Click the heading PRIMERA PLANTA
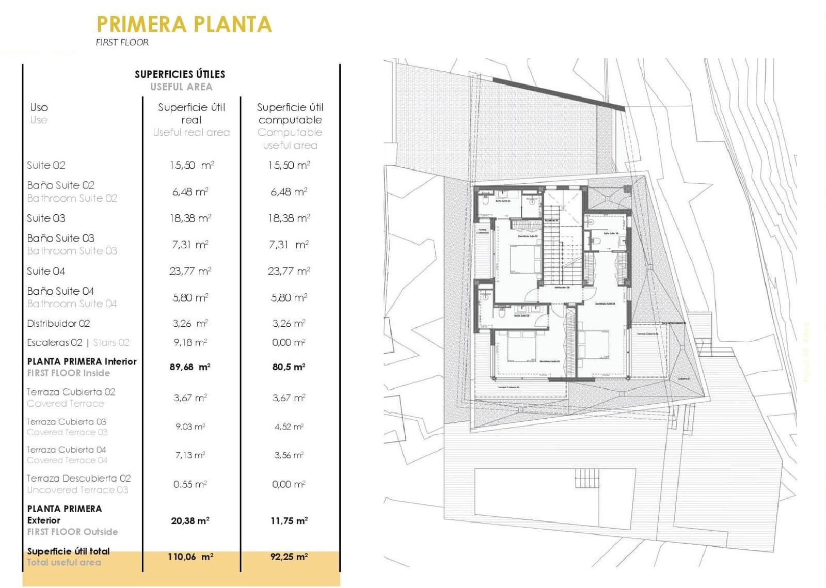184,24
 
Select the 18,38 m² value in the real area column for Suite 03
190,218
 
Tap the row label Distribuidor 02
58,324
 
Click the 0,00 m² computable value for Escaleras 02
289,342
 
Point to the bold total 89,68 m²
190,367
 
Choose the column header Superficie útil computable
290,114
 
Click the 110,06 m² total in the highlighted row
190,557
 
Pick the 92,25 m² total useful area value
289,557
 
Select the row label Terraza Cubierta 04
66,450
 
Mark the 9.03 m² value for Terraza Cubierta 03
190,427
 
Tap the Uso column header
39,107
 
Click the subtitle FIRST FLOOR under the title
122,42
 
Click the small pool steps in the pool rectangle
587,478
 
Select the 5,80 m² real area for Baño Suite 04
190,298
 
